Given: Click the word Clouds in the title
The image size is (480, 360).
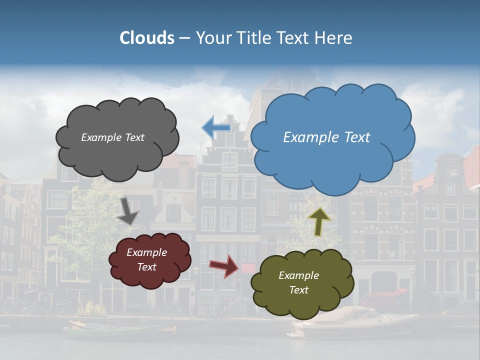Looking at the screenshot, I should coord(147,38).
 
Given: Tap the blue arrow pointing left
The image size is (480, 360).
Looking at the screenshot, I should coord(216,127).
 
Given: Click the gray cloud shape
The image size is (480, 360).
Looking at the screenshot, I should coord(117,150).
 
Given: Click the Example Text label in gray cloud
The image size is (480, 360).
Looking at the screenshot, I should coord(112,137).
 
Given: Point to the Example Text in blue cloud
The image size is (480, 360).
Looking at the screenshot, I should coord(326,137).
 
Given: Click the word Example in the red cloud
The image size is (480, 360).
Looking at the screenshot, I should coord(146,252).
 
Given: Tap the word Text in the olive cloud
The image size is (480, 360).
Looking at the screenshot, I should coord(298,290).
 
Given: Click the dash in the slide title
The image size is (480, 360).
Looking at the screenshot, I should coord(184,38).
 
